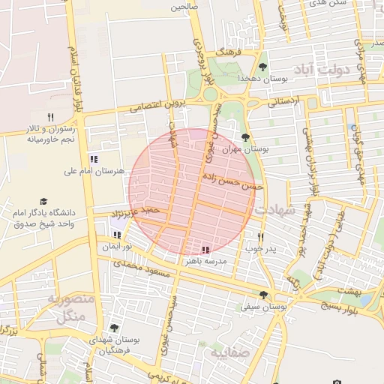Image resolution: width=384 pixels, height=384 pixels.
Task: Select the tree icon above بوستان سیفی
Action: [x=262, y=295]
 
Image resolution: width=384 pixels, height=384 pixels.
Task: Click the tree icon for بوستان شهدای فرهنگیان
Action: [x=113, y=328]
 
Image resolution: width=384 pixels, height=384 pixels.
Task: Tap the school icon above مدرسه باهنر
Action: [x=205, y=249]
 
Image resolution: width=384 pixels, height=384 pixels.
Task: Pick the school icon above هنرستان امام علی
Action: [x=94, y=159]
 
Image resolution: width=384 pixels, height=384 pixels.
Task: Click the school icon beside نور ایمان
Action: [x=116, y=235]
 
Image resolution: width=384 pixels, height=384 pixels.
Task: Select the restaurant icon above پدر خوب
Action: [x=260, y=235]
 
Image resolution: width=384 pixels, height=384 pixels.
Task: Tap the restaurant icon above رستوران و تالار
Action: [x=50, y=116]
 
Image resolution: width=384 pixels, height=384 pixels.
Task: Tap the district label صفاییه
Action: [x=227, y=352]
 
